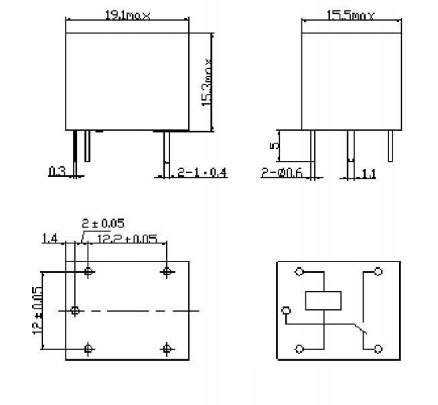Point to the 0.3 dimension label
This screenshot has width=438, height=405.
pos(57,172)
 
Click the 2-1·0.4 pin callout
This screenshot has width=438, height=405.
pos(202,173)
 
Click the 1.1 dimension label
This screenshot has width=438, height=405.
pos(368,174)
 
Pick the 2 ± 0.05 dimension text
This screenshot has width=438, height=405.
pos(102,223)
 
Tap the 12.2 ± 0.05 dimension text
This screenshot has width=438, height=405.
pos(127,238)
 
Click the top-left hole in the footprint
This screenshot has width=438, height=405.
pos(89,272)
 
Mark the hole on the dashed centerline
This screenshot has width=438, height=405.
pos(75,310)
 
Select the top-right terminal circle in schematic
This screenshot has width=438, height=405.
pos(378,272)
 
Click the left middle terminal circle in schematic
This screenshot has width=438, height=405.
pos(287,310)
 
